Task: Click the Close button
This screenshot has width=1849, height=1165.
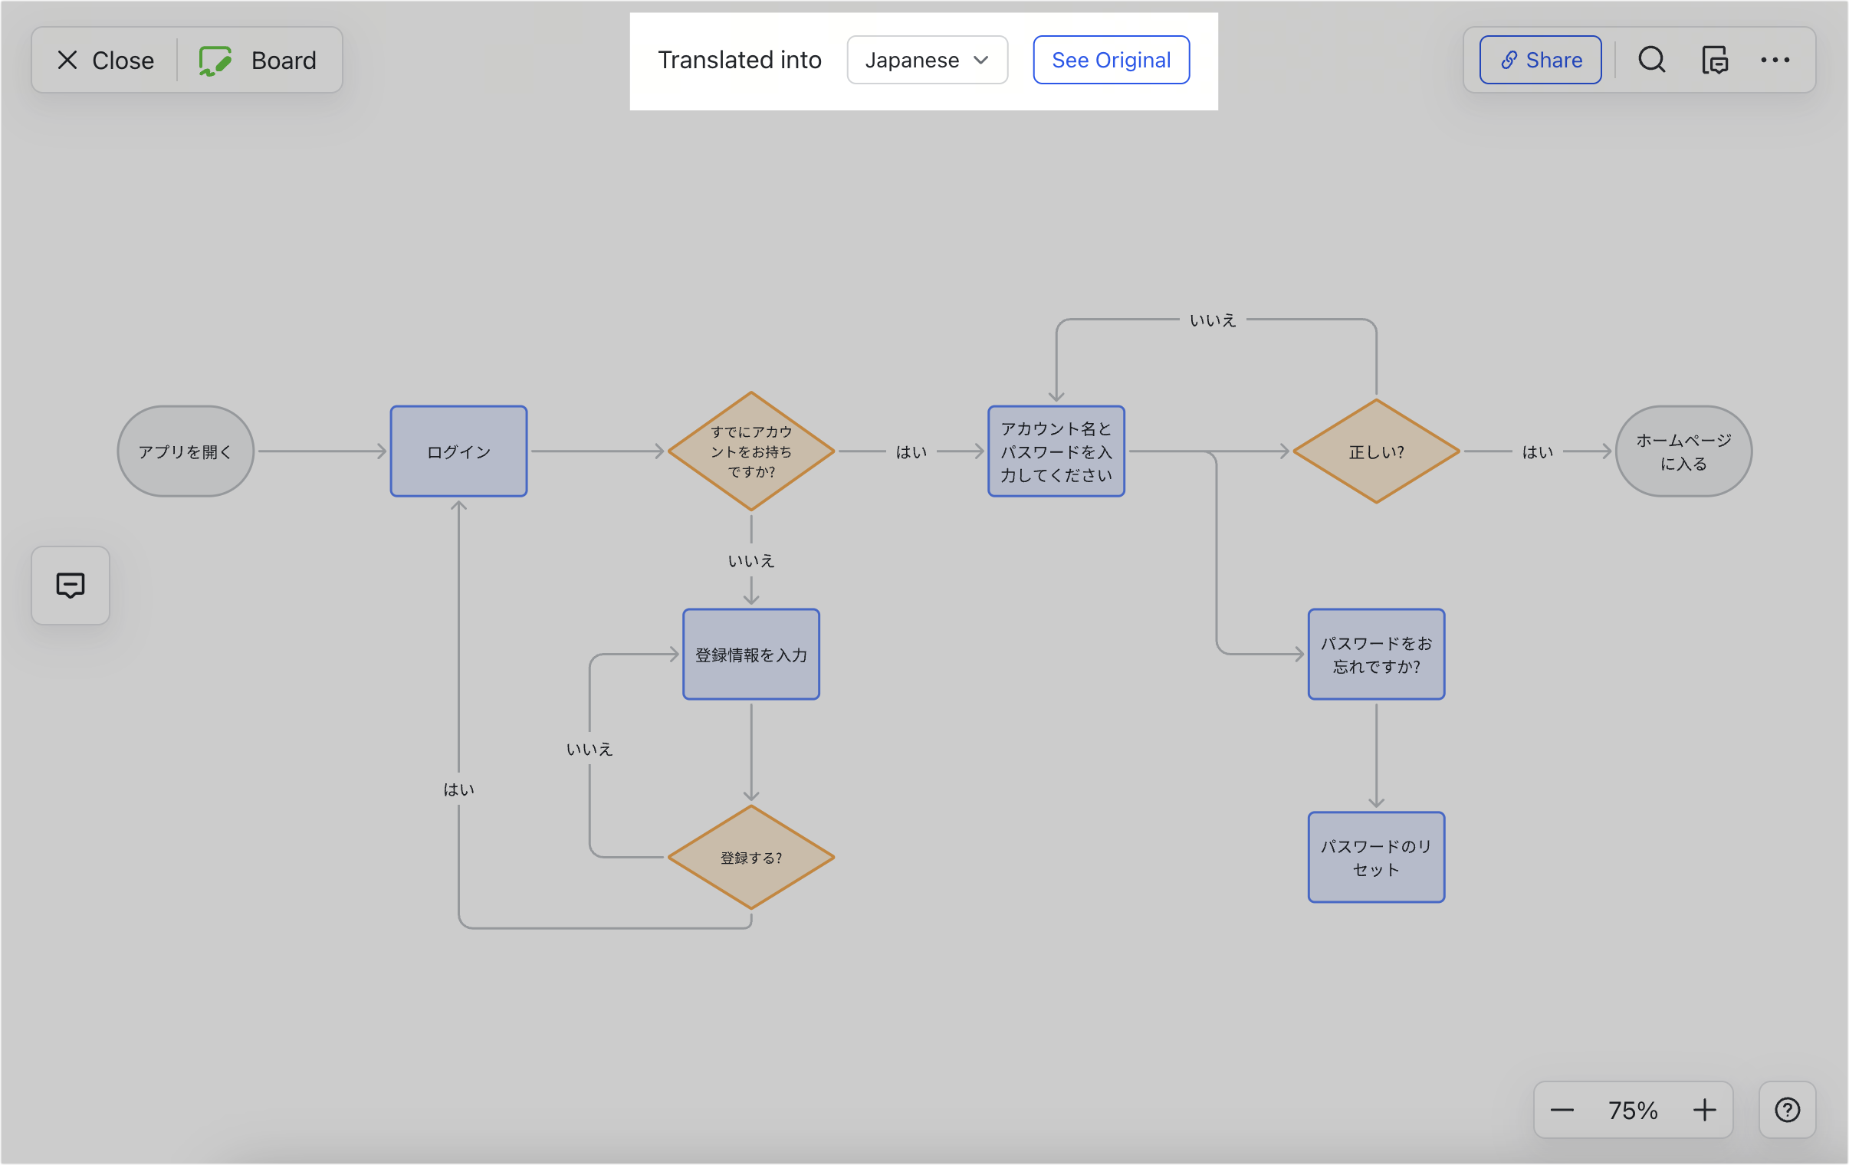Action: tap(105, 60)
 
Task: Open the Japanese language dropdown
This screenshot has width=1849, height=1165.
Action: tap(926, 60)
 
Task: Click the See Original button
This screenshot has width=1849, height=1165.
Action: tap(1110, 60)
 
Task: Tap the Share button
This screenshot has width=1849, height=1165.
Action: tap(1539, 60)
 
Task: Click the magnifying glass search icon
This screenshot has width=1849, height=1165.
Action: tap(1651, 60)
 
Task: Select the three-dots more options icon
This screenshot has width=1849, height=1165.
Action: tap(1775, 60)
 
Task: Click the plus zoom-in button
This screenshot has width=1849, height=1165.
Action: tap(1704, 1110)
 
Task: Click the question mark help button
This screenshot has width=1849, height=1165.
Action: tap(1787, 1110)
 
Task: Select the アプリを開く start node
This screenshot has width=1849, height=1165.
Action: tap(185, 451)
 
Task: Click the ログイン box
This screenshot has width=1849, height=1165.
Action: tap(458, 451)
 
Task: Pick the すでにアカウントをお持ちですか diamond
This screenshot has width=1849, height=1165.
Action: tap(751, 451)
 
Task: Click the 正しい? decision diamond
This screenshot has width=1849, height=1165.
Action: tap(1376, 451)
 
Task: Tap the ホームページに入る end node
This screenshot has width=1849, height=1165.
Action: tap(1683, 451)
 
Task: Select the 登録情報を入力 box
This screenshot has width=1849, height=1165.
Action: tap(751, 655)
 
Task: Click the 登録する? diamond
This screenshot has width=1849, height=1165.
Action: tap(751, 857)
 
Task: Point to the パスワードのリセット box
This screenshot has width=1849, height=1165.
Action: tap(1376, 857)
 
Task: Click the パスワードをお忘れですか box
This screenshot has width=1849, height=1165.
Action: tap(1376, 655)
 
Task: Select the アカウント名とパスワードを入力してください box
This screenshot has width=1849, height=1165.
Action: tap(1056, 451)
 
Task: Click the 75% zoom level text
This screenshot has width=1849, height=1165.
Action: tap(1633, 1110)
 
